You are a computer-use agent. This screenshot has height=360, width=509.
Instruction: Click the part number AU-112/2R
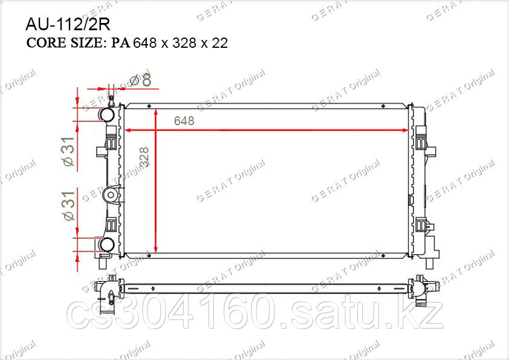point(68,24)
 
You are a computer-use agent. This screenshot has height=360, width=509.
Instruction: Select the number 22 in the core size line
point(220,43)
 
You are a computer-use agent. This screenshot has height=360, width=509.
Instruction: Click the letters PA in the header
point(121,43)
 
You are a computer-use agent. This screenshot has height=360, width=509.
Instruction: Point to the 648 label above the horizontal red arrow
point(184,121)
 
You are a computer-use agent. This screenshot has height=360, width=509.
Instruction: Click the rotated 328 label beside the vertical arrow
point(144,157)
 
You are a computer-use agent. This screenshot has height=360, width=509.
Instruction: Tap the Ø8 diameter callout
point(141,80)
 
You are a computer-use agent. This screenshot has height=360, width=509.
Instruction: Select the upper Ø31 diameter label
point(69,151)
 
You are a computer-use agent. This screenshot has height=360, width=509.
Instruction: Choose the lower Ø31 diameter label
point(69,206)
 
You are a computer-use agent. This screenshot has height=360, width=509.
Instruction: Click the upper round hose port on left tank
point(107,114)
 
